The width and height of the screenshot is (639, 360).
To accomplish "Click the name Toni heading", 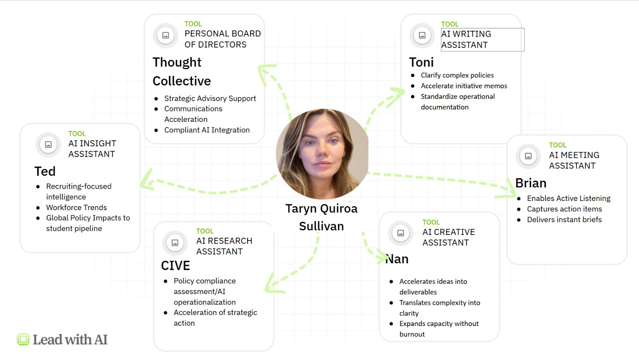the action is pyautogui.click(x=421, y=62).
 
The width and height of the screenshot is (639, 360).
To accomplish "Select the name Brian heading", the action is pyautogui.click(x=531, y=183).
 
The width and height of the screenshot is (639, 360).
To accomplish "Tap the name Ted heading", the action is pyautogui.click(x=45, y=171).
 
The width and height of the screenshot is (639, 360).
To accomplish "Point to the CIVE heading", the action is pyautogui.click(x=175, y=266).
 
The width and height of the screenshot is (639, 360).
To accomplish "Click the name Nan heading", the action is pyautogui.click(x=397, y=259).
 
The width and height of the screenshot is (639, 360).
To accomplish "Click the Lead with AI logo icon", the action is pyautogui.click(x=23, y=340).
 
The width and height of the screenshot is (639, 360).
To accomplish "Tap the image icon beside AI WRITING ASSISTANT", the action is pyautogui.click(x=422, y=35).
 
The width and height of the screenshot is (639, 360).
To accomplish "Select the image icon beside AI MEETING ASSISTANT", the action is pyautogui.click(x=528, y=156).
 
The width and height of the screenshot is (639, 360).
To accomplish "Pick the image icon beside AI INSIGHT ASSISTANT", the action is pyautogui.click(x=48, y=145).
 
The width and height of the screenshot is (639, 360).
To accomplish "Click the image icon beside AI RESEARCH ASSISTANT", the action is pyautogui.click(x=175, y=243).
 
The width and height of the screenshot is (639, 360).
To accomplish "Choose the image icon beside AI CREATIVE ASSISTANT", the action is pyautogui.click(x=401, y=233).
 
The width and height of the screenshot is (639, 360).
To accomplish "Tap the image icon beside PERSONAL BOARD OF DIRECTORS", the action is pyautogui.click(x=165, y=35).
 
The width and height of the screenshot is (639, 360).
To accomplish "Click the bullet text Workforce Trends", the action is pyautogui.click(x=76, y=207).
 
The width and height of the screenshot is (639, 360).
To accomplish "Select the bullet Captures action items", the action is pyautogui.click(x=564, y=209).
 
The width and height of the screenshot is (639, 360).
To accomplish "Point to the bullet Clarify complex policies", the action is pyautogui.click(x=457, y=75).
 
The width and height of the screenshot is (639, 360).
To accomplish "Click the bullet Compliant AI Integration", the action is pyautogui.click(x=207, y=130).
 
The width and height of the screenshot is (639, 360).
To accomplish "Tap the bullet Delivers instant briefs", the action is pyautogui.click(x=564, y=219).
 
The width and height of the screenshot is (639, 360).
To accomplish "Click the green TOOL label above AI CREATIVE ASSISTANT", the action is pyautogui.click(x=431, y=222).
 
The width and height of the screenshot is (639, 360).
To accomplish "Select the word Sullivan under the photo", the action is pyautogui.click(x=321, y=226).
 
